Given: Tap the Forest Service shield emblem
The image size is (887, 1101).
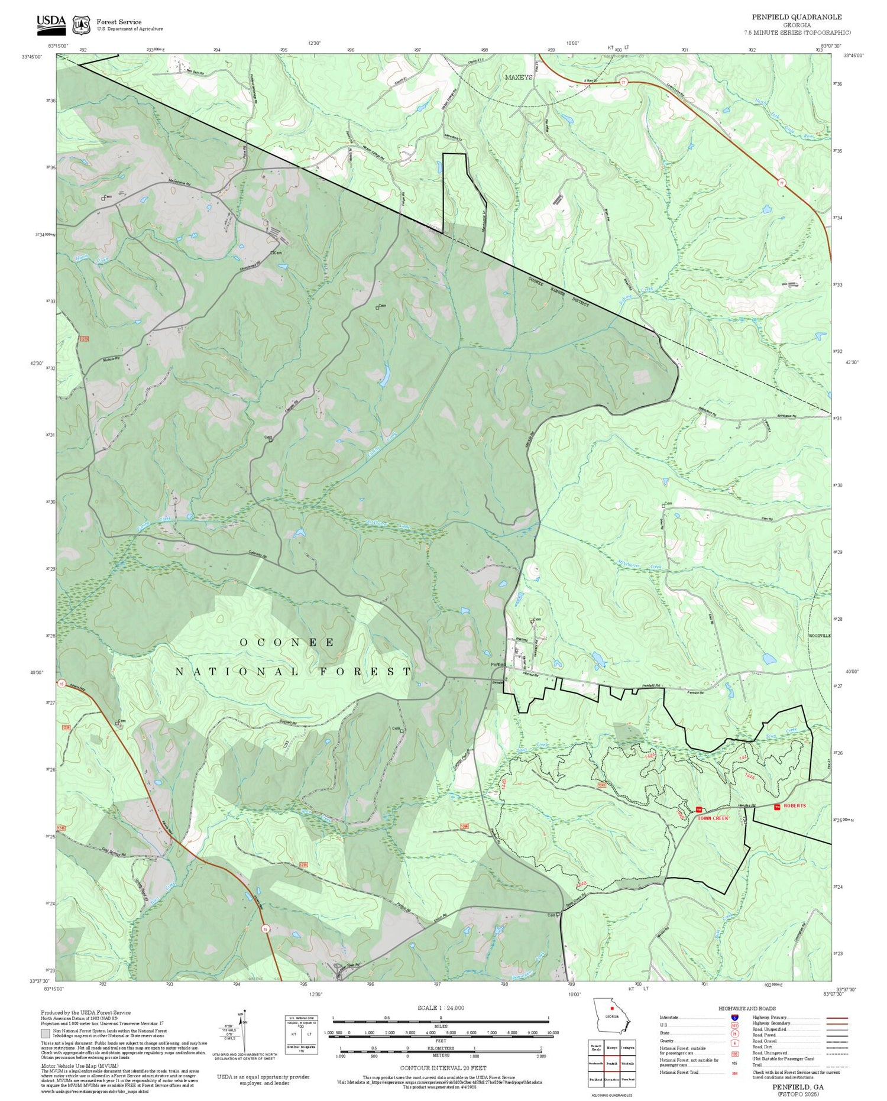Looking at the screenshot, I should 81,25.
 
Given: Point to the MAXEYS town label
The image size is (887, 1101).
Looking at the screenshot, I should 519,77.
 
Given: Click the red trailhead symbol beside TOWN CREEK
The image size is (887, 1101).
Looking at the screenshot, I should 698,809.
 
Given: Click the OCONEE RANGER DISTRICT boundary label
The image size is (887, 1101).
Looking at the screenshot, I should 559,292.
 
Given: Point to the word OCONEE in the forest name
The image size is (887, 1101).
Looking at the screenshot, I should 287,642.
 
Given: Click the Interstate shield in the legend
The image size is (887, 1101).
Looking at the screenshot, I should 734,1017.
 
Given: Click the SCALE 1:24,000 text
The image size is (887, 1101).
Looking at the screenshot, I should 441,1008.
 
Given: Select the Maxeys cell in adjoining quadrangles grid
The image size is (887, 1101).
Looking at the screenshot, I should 612,1047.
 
